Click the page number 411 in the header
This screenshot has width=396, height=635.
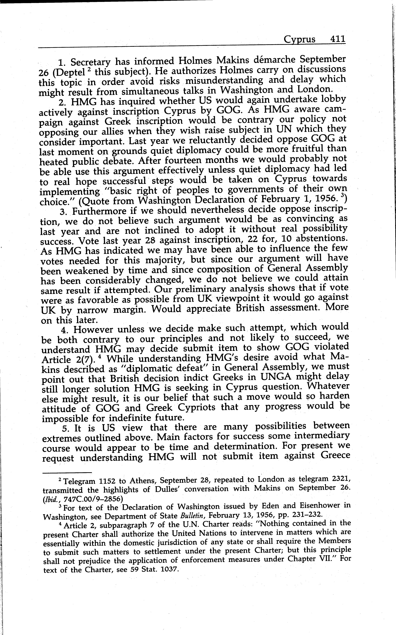click(x=338, y=39)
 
